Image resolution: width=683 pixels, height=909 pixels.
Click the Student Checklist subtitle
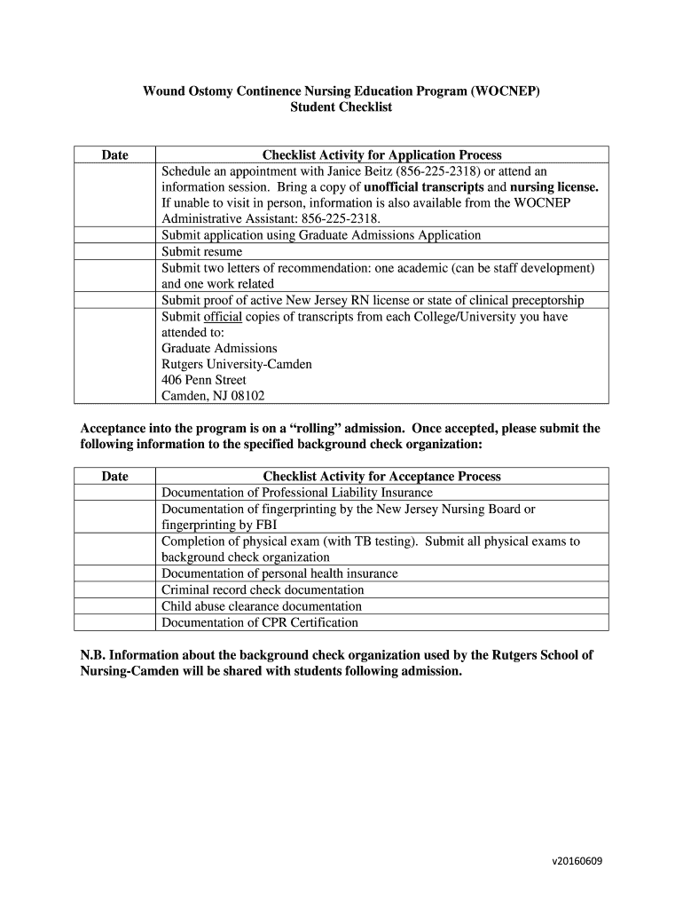[x=341, y=107]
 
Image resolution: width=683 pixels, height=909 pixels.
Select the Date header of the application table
[x=114, y=155]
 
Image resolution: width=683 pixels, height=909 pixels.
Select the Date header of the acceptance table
[x=114, y=477]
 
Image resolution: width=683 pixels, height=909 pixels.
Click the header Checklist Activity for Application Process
[x=381, y=155]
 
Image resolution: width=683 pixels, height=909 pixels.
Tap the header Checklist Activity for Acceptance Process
[x=381, y=477]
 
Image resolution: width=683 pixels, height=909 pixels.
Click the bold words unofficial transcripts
[x=424, y=187]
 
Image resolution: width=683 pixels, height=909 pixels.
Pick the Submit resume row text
[x=201, y=252]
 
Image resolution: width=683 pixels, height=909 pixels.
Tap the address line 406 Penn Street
[x=204, y=380]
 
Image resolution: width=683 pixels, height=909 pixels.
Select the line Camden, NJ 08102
[x=213, y=396]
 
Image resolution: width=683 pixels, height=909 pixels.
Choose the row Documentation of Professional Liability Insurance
[x=296, y=493]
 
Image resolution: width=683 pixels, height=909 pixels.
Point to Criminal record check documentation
[x=263, y=589]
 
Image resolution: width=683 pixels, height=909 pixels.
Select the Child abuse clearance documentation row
[x=261, y=606]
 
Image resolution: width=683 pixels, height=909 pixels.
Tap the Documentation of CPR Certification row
[x=259, y=622]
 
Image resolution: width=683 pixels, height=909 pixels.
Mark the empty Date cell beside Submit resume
[x=114, y=252]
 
